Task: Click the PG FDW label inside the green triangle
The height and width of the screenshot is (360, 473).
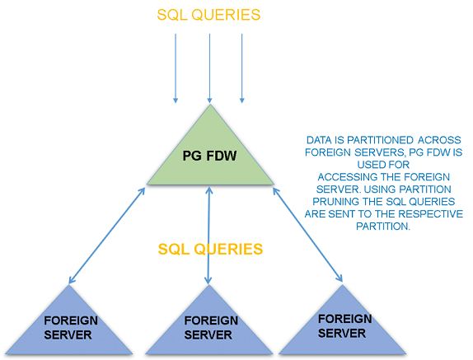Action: (208, 156)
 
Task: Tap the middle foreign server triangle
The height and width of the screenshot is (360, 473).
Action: (208, 327)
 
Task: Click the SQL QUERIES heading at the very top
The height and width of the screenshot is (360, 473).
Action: (209, 14)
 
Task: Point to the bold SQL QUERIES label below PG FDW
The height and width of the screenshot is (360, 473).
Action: (210, 248)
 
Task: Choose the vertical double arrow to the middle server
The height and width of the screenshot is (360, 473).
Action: (208, 239)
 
